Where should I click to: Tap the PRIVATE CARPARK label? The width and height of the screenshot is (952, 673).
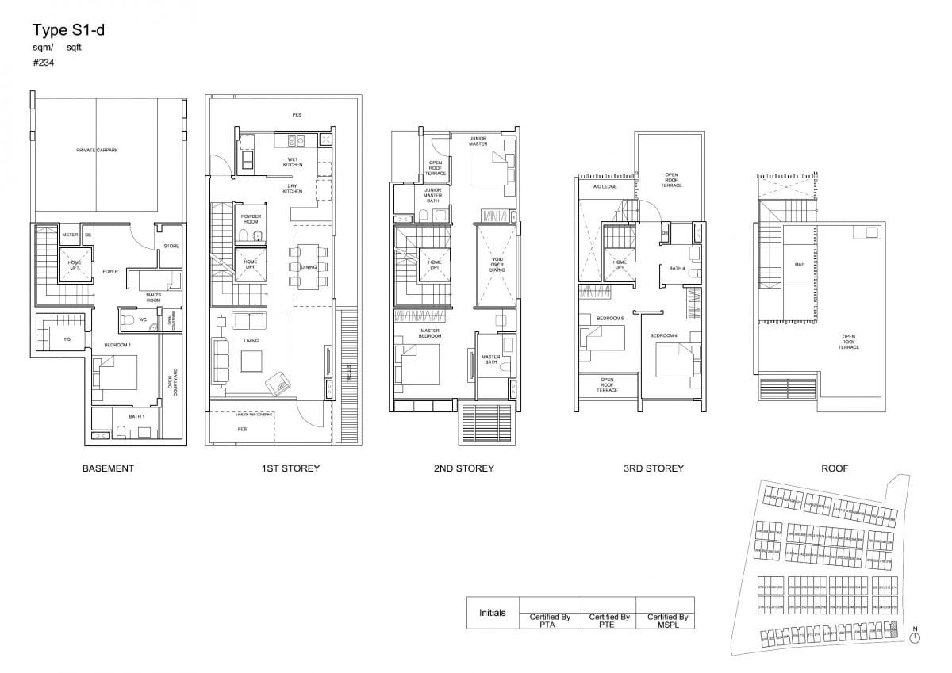click(x=96, y=150)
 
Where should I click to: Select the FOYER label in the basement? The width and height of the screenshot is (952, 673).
click(x=110, y=271)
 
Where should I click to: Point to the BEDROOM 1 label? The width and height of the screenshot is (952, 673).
click(x=117, y=345)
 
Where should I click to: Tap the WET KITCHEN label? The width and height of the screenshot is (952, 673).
click(x=293, y=163)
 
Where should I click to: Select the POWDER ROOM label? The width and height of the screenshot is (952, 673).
click(x=251, y=218)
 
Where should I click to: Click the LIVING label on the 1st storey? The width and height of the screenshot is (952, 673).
click(x=251, y=341)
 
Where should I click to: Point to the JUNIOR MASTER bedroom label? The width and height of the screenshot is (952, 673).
click(x=478, y=141)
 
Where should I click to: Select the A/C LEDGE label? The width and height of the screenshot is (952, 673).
click(x=593, y=187)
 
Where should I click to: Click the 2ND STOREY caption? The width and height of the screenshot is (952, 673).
click(x=463, y=468)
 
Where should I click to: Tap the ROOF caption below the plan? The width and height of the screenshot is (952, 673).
click(x=835, y=468)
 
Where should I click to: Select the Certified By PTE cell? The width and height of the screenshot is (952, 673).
click(x=608, y=620)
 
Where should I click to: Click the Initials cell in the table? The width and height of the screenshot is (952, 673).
click(x=492, y=613)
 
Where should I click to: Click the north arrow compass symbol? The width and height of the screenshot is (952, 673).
click(x=915, y=637)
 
